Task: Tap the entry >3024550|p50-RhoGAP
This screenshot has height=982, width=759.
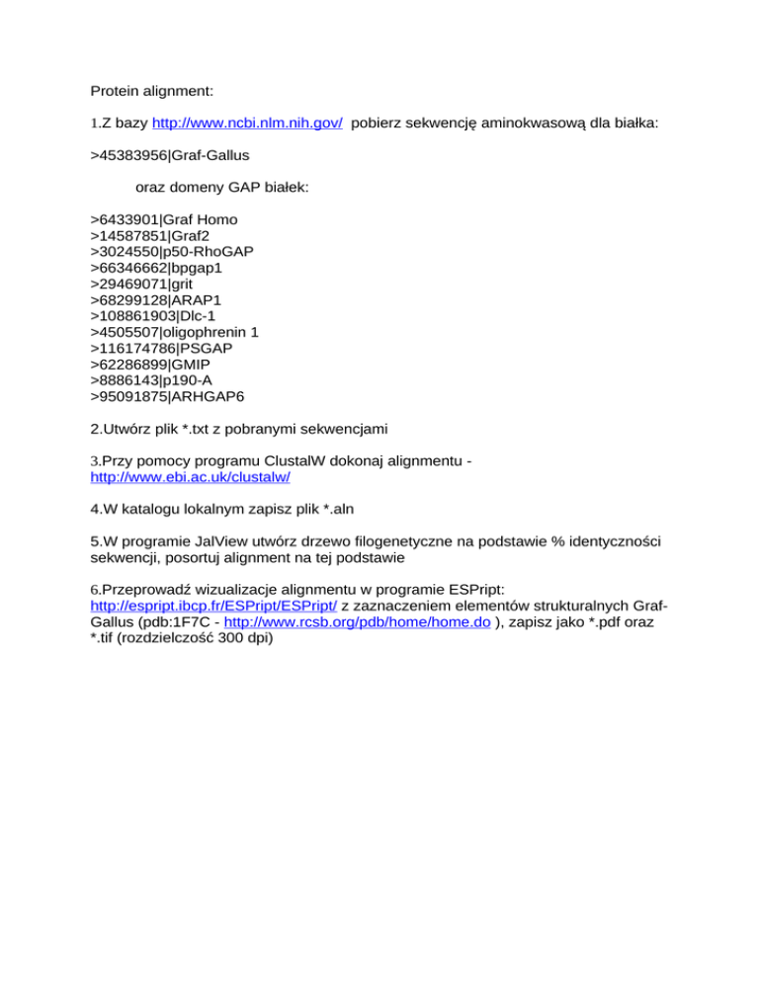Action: point(171,252)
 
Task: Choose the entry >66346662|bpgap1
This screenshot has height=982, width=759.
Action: point(159,268)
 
